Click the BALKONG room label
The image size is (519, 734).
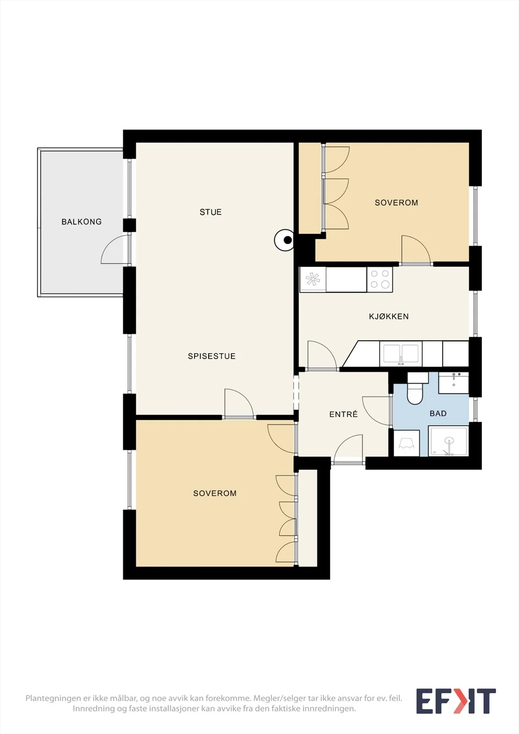[82, 222]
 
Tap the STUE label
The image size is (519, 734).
[211, 212]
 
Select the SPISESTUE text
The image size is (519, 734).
[212, 356]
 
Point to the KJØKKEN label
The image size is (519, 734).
[389, 317]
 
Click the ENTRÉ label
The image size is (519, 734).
[343, 414]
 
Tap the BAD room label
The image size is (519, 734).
[438, 413]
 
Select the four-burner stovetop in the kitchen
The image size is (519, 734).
[379, 279]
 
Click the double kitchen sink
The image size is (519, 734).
[401, 354]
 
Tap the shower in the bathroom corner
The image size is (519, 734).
[448, 441]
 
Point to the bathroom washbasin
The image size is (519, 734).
[453, 383]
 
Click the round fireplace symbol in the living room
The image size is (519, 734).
[284, 240]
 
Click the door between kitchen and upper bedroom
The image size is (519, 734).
[416, 250]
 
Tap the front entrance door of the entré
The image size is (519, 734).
[348, 449]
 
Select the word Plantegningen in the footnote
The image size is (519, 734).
[53, 698]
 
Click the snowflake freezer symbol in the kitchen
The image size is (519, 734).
[313, 279]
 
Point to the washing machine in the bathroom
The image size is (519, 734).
[406, 443]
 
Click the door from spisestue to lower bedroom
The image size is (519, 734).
[239, 404]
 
